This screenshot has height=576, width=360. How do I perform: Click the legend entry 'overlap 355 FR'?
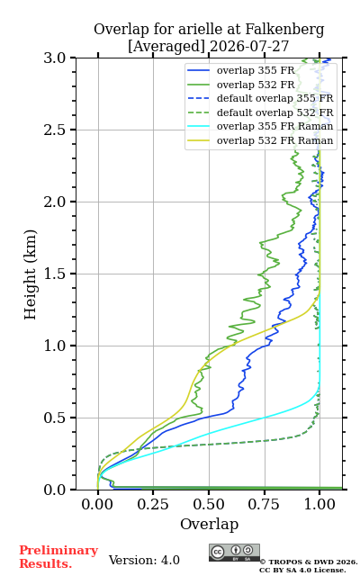click(x=241, y=70)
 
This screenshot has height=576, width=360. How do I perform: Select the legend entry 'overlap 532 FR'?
click(x=241, y=85)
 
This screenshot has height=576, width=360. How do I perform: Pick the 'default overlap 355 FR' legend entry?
click(x=260, y=98)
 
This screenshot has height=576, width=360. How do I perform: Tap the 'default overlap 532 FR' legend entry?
click(x=260, y=112)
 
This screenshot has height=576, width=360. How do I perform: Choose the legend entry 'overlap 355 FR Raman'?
click(x=260, y=126)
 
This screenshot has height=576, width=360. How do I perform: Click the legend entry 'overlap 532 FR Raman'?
click(x=260, y=140)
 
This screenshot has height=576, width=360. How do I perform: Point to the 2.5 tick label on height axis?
click(x=55, y=130)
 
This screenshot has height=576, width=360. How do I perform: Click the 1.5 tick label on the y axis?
click(x=55, y=274)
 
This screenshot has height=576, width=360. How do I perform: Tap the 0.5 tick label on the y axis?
click(x=55, y=418)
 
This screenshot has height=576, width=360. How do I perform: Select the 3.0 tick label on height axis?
click(x=55, y=58)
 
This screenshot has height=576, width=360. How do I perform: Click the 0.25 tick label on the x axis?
click(x=153, y=504)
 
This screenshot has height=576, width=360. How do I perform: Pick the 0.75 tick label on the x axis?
click(x=264, y=504)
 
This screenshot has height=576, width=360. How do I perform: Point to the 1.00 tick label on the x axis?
click(x=319, y=504)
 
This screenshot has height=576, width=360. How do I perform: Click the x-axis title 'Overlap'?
click(x=209, y=524)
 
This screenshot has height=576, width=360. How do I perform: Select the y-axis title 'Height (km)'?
click(x=30, y=274)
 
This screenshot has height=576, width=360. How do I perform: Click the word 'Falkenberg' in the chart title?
click(x=284, y=30)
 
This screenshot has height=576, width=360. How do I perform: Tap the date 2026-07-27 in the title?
click(x=249, y=46)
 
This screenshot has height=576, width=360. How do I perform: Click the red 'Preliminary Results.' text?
click(x=58, y=556)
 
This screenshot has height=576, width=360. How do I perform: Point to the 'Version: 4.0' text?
click(x=144, y=560)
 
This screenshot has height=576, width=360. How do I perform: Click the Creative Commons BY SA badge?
click(x=234, y=553)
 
